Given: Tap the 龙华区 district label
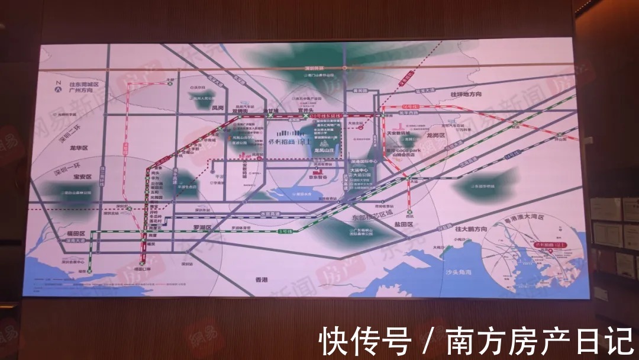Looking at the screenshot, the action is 79,147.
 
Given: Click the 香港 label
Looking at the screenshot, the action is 262,279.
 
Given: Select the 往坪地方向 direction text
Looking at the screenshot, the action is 466,95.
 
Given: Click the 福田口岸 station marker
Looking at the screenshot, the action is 143,264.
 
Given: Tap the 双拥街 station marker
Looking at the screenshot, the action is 240,117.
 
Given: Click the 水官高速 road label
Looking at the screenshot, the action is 269,214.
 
